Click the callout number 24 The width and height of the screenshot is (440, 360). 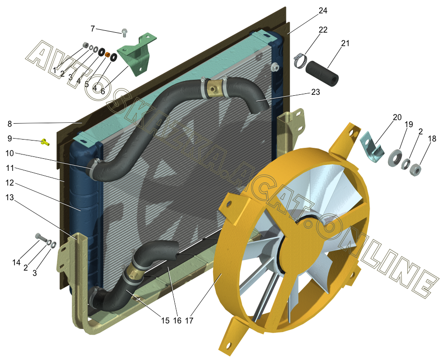coord(323,11)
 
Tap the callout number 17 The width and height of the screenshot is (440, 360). coord(189,321)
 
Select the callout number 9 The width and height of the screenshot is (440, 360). coord(10,138)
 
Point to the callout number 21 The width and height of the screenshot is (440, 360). coord(345,43)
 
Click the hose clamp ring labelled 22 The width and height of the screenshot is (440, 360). coord(300,60)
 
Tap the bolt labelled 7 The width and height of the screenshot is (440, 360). coord(124,33)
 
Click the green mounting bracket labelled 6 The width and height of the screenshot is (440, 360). coord(137,55)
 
